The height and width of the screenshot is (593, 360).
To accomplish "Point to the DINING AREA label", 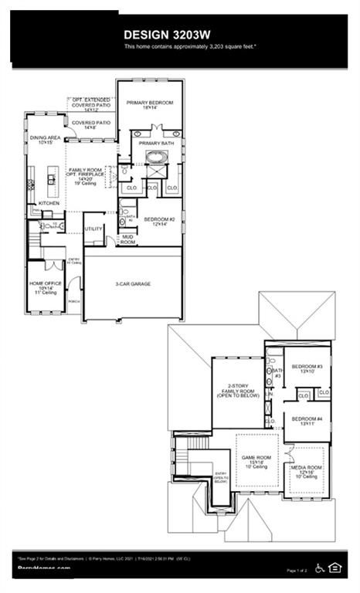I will pyautogui.click(x=41, y=140).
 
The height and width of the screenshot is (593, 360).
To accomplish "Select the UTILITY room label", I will pyautogui.click(x=93, y=229).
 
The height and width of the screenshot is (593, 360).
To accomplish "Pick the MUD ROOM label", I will pyautogui.click(x=127, y=241).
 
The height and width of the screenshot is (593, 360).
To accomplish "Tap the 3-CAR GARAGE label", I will pyautogui.click(x=134, y=283).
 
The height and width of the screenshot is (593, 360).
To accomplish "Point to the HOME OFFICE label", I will pyautogui.click(x=42, y=285).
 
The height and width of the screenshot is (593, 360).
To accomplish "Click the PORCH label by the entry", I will pyautogui.click(x=74, y=302).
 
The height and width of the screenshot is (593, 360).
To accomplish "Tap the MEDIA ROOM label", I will pyautogui.click(x=307, y=471).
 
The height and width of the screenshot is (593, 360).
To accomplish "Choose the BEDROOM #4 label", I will pyautogui.click(x=307, y=422).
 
